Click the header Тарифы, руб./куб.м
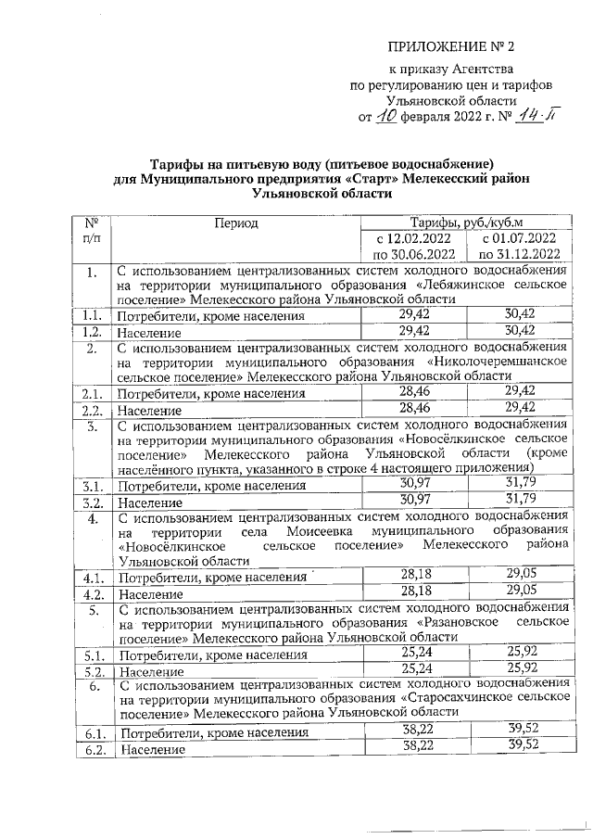click(467, 222)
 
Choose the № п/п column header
click(91, 231)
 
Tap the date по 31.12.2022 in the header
click(520, 253)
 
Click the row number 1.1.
click(91, 316)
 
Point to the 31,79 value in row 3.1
click(520, 484)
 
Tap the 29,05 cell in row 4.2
click(520, 591)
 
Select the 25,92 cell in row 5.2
click(520, 667)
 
